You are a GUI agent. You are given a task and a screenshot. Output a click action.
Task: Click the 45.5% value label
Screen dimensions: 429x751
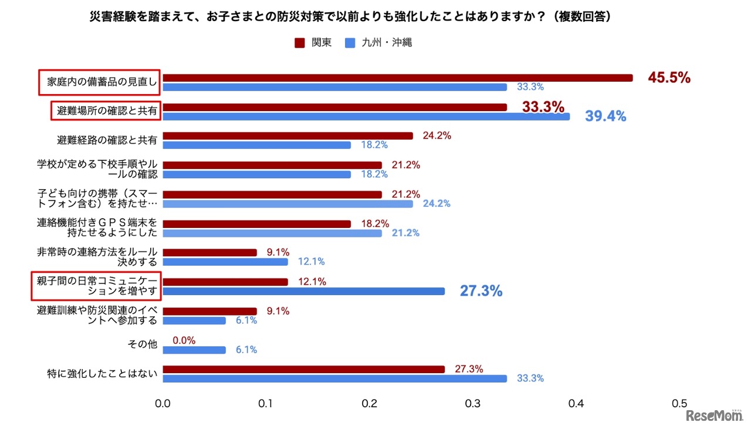[x=669, y=78]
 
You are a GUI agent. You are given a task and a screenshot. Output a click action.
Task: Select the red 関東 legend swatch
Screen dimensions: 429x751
[x=299, y=43]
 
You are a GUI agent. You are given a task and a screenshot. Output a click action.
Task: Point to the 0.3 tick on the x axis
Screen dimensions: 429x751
[x=473, y=404]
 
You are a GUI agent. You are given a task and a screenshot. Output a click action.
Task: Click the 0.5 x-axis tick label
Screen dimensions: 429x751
[x=679, y=404]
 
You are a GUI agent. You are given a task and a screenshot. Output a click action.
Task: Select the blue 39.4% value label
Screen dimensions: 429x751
[x=605, y=116]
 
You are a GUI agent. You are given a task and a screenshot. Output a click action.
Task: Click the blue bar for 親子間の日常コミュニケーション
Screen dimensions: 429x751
[x=303, y=291]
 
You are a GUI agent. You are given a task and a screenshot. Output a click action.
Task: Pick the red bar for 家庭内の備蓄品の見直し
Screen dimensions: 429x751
[x=397, y=78]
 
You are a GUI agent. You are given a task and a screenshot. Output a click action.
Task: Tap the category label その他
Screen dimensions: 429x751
[x=143, y=345]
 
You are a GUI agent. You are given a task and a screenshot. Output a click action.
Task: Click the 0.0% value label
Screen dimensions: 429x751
[x=184, y=340]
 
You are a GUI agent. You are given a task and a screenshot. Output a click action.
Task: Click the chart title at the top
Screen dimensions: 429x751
[x=350, y=17]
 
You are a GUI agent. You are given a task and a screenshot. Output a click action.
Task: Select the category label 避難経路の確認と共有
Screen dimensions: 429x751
[x=107, y=140]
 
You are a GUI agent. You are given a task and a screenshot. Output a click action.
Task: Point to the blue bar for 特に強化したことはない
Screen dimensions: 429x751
[x=334, y=378]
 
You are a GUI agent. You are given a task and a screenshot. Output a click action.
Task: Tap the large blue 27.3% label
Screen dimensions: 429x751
[x=481, y=291]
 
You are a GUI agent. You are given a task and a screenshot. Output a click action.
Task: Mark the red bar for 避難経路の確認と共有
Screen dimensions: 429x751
[x=287, y=136]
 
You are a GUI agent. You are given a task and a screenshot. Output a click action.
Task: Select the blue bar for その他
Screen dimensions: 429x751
[x=194, y=350]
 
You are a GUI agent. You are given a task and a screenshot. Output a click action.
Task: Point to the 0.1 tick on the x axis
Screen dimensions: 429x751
[x=266, y=404]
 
